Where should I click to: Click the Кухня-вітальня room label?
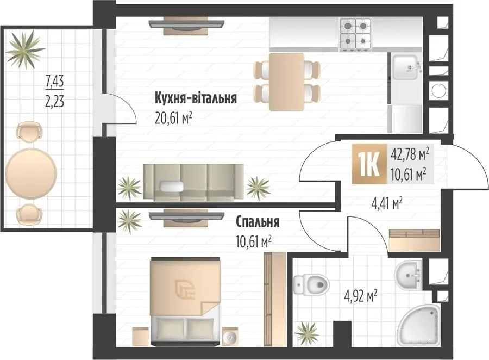click(x=196, y=98)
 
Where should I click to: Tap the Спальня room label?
click(x=258, y=222)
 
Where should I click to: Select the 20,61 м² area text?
click(x=173, y=119)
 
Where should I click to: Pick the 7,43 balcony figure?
click(x=54, y=81)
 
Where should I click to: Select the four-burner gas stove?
click(x=355, y=34)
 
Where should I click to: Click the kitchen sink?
click(x=405, y=67)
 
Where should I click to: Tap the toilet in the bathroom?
click(x=311, y=284)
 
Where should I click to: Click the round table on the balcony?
click(x=31, y=173)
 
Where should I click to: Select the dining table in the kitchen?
click(x=286, y=82)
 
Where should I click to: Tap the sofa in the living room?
click(x=193, y=182)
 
